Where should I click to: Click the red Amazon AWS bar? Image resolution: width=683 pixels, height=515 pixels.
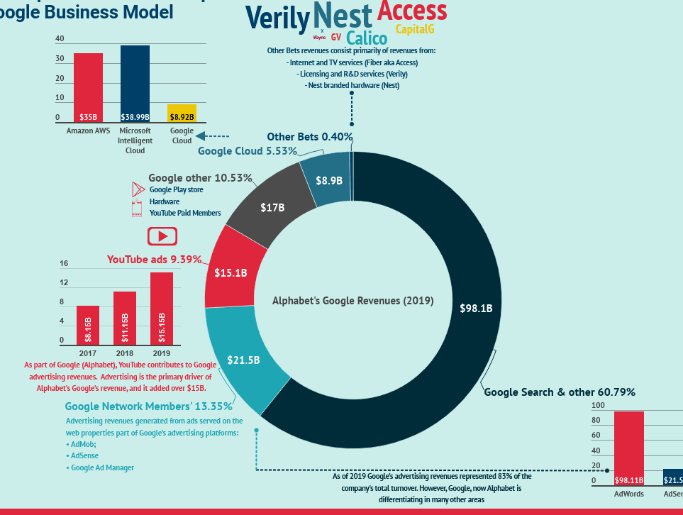coord(88,87)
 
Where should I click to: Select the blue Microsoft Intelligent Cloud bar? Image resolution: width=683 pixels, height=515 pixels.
coord(135,84)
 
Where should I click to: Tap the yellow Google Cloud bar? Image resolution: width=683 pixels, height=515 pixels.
coord(182,113)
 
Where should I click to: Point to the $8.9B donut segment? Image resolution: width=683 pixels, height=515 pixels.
coord(328,180)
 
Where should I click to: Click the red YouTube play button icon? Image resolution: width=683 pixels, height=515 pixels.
coord(162,236)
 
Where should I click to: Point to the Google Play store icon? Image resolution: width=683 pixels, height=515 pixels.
coord(138,190)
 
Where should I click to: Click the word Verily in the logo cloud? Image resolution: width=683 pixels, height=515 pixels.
coord(277,17)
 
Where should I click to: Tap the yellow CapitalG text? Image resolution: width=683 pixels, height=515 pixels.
coord(414,29)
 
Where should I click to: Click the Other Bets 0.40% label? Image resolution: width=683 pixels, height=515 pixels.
coord(310,137)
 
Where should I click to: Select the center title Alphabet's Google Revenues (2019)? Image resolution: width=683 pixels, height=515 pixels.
coord(352,301)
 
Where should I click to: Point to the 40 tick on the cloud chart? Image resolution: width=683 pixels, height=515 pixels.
coord(60,39)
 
